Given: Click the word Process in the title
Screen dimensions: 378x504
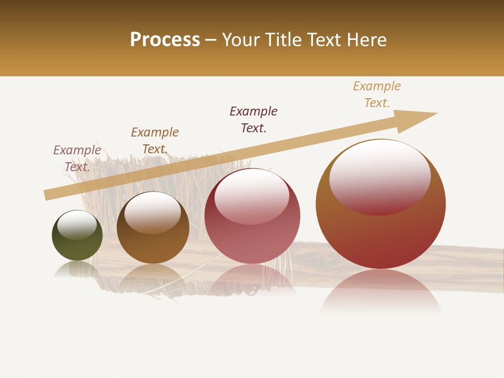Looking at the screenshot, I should pos(165,40).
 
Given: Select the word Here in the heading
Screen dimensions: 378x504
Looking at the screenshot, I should pos(366,40).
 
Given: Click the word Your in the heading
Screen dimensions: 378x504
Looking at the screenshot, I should pos(241,40).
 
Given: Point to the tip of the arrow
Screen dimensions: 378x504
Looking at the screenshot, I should pos(436,113).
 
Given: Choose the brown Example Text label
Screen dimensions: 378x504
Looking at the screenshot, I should pos(155,141).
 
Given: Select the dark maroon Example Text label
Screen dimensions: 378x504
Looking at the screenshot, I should pos(254,120).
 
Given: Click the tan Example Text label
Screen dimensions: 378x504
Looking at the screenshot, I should pos(377,94).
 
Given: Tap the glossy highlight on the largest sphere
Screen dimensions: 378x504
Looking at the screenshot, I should pos(380,173).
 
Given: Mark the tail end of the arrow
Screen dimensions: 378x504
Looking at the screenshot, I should pos(46,195).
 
